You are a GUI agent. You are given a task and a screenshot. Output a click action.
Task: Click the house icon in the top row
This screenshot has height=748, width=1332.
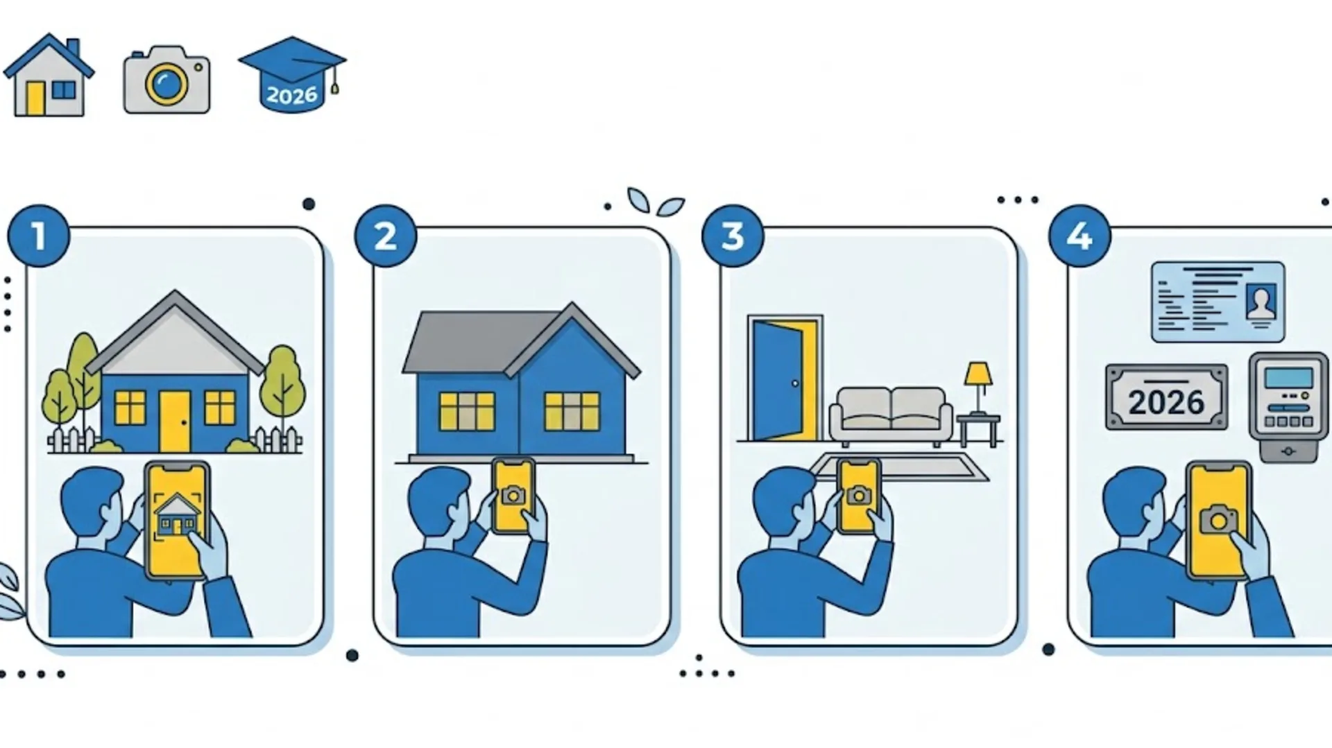[x=49, y=75]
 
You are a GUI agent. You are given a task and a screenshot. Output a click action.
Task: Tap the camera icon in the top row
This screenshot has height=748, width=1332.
[x=166, y=80]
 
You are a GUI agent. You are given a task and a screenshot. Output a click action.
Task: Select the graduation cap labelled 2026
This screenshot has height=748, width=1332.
[x=292, y=74]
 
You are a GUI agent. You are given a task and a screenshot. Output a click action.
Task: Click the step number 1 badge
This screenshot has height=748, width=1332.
[x=39, y=236]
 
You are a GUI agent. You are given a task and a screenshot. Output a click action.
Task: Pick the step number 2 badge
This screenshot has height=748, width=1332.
[x=386, y=236]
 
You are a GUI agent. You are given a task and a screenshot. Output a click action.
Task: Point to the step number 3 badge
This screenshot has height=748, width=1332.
[x=733, y=236]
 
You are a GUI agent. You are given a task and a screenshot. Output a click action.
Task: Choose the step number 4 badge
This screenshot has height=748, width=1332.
[x=1079, y=236]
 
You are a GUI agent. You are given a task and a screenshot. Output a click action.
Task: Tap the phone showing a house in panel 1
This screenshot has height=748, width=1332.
[x=176, y=520]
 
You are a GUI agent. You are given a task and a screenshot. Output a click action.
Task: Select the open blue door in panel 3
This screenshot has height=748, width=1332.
[x=777, y=380]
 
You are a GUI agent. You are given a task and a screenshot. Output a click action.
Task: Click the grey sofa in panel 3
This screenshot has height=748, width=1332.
[x=891, y=416]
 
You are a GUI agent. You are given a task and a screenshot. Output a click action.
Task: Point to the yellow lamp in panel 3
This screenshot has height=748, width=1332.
[x=978, y=388]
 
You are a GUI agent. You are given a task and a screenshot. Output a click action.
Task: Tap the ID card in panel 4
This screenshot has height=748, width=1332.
[x=1218, y=302]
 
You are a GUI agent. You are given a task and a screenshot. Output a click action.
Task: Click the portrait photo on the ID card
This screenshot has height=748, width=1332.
[x=1261, y=303]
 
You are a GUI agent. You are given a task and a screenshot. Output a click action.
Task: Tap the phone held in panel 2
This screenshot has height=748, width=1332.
[x=513, y=495]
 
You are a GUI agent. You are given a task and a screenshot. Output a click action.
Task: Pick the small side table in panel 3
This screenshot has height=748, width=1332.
[x=978, y=430]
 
